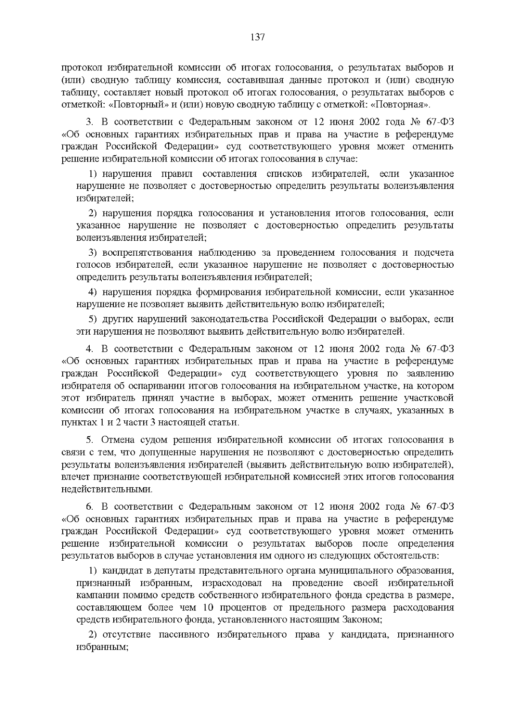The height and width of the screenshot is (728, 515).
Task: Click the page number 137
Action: point(257,37)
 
